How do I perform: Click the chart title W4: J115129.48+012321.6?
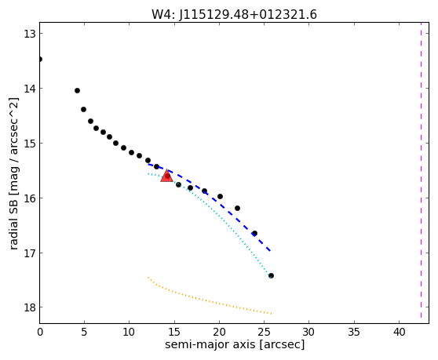tap(234, 14)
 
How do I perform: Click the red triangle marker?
tap(166, 176)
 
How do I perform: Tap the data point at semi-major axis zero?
tap(40, 59)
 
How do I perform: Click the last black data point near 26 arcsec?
tap(271, 276)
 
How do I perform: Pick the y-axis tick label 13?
tap(29, 34)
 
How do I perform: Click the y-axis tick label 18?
tap(29, 307)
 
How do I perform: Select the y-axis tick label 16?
tap(29, 198)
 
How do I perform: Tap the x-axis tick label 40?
tap(399, 332)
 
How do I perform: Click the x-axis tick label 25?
tap(265, 332)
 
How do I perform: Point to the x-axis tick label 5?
tap(84, 332)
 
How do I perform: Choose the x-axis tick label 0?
tap(40, 332)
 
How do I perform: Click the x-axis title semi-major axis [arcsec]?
tap(235, 344)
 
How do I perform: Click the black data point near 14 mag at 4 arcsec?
tap(78, 90)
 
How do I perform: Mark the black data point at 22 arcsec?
tap(237, 208)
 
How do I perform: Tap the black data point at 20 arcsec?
tap(220, 196)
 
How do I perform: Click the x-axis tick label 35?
tap(354, 332)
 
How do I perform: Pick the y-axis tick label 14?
tap(29, 89)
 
